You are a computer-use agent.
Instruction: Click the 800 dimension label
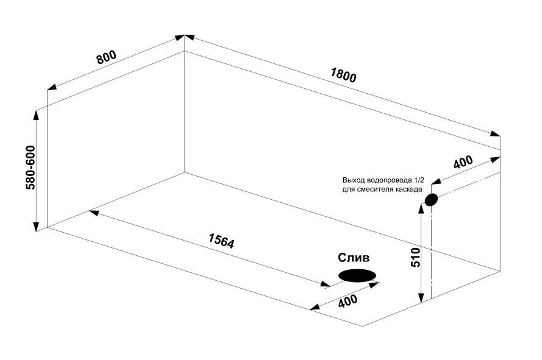[107, 57]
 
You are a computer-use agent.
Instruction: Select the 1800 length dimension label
[343, 76]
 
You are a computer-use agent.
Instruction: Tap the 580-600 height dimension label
[30, 168]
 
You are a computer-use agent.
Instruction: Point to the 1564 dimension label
[221, 241]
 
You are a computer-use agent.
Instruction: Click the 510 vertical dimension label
[415, 258]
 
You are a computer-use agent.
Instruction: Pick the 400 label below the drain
[348, 302]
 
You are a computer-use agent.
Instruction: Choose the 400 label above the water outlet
[463, 162]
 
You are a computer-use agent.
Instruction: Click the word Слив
[353, 258]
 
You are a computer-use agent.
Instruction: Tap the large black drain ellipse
[357, 275]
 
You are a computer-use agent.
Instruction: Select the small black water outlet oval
[431, 200]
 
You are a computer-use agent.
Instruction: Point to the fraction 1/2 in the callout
[419, 180]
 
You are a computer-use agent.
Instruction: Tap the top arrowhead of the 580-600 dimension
[36, 115]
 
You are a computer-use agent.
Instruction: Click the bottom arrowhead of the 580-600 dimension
[36, 227]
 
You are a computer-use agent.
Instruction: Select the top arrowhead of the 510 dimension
[421, 208]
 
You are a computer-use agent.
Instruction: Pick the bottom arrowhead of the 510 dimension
[421, 298]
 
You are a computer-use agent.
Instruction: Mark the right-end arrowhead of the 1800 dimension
[495, 134]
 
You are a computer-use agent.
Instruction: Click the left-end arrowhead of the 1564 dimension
[94, 213]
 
